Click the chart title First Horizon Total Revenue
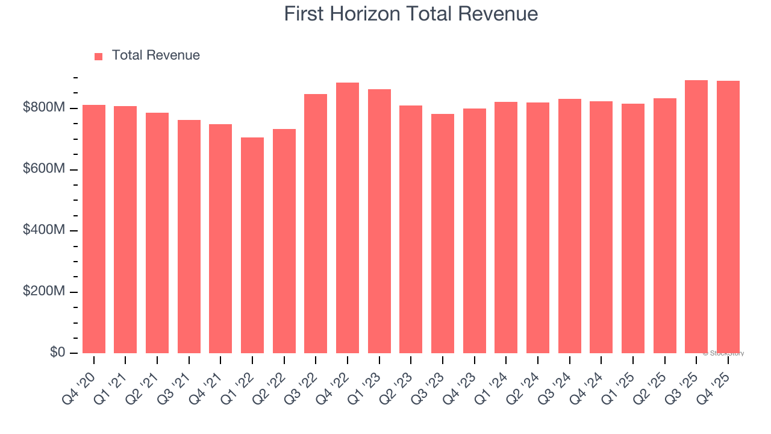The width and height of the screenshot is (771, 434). (411, 14)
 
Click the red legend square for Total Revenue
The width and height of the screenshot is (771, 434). (99, 56)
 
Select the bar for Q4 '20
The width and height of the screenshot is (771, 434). (94, 229)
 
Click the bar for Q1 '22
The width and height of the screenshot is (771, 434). (252, 245)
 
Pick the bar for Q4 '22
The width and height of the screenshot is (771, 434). (348, 218)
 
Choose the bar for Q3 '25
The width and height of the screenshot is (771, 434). (696, 216)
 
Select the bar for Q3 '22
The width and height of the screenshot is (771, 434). (316, 224)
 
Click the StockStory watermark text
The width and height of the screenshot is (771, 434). (723, 353)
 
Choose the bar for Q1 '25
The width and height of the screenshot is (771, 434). (633, 228)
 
